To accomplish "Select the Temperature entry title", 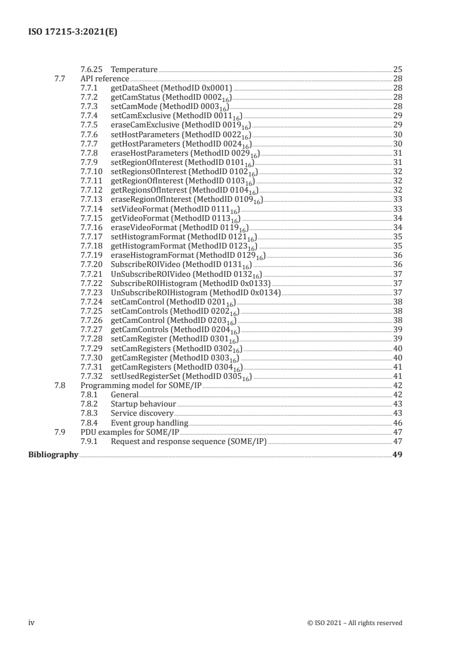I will [x=134, y=70].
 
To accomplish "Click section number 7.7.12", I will [x=91, y=189].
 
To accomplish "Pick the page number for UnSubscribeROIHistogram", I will [x=398, y=292].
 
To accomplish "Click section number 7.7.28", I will [x=91, y=339].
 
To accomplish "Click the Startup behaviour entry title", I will [x=143, y=404].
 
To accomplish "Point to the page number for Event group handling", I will [x=398, y=423].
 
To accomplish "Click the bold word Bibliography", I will [x=53, y=455].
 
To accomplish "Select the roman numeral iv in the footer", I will [x=32, y=622].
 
